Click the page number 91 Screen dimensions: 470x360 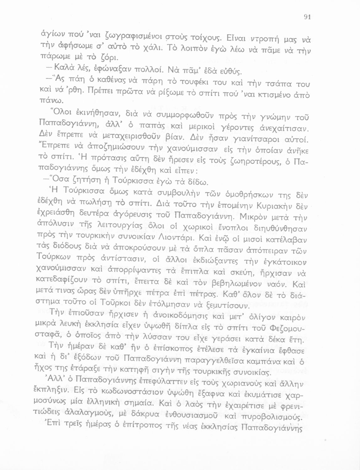(307, 18)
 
